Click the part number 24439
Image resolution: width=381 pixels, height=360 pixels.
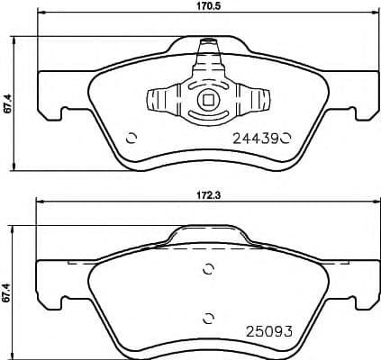[256, 139]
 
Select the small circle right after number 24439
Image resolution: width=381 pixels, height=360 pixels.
[286, 139]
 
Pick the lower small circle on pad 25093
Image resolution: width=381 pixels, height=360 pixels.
[208, 315]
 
